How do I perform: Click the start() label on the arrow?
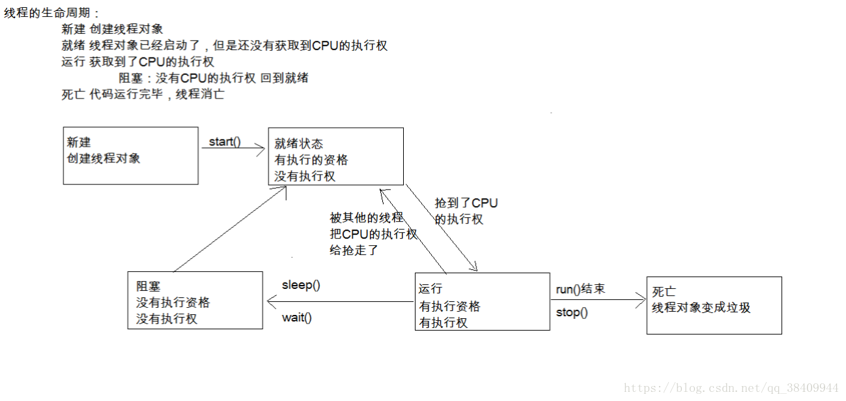click(x=225, y=142)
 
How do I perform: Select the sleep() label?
click(x=301, y=285)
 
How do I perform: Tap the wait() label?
click(x=297, y=318)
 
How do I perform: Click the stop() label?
click(x=572, y=312)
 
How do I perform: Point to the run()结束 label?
click(x=580, y=289)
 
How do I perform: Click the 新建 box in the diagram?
click(x=130, y=156)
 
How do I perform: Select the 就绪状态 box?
click(x=336, y=156)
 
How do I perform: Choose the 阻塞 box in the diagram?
click(x=195, y=300)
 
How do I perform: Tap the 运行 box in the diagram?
click(x=482, y=302)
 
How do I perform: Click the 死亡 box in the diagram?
click(x=714, y=305)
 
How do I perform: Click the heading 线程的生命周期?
click(x=53, y=13)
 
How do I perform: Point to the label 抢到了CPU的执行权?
click(x=466, y=211)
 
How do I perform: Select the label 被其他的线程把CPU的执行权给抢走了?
click(x=373, y=234)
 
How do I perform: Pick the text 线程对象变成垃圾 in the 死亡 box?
click(x=701, y=308)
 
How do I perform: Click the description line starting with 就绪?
click(x=224, y=46)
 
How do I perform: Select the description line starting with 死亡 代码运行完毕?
click(x=143, y=95)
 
